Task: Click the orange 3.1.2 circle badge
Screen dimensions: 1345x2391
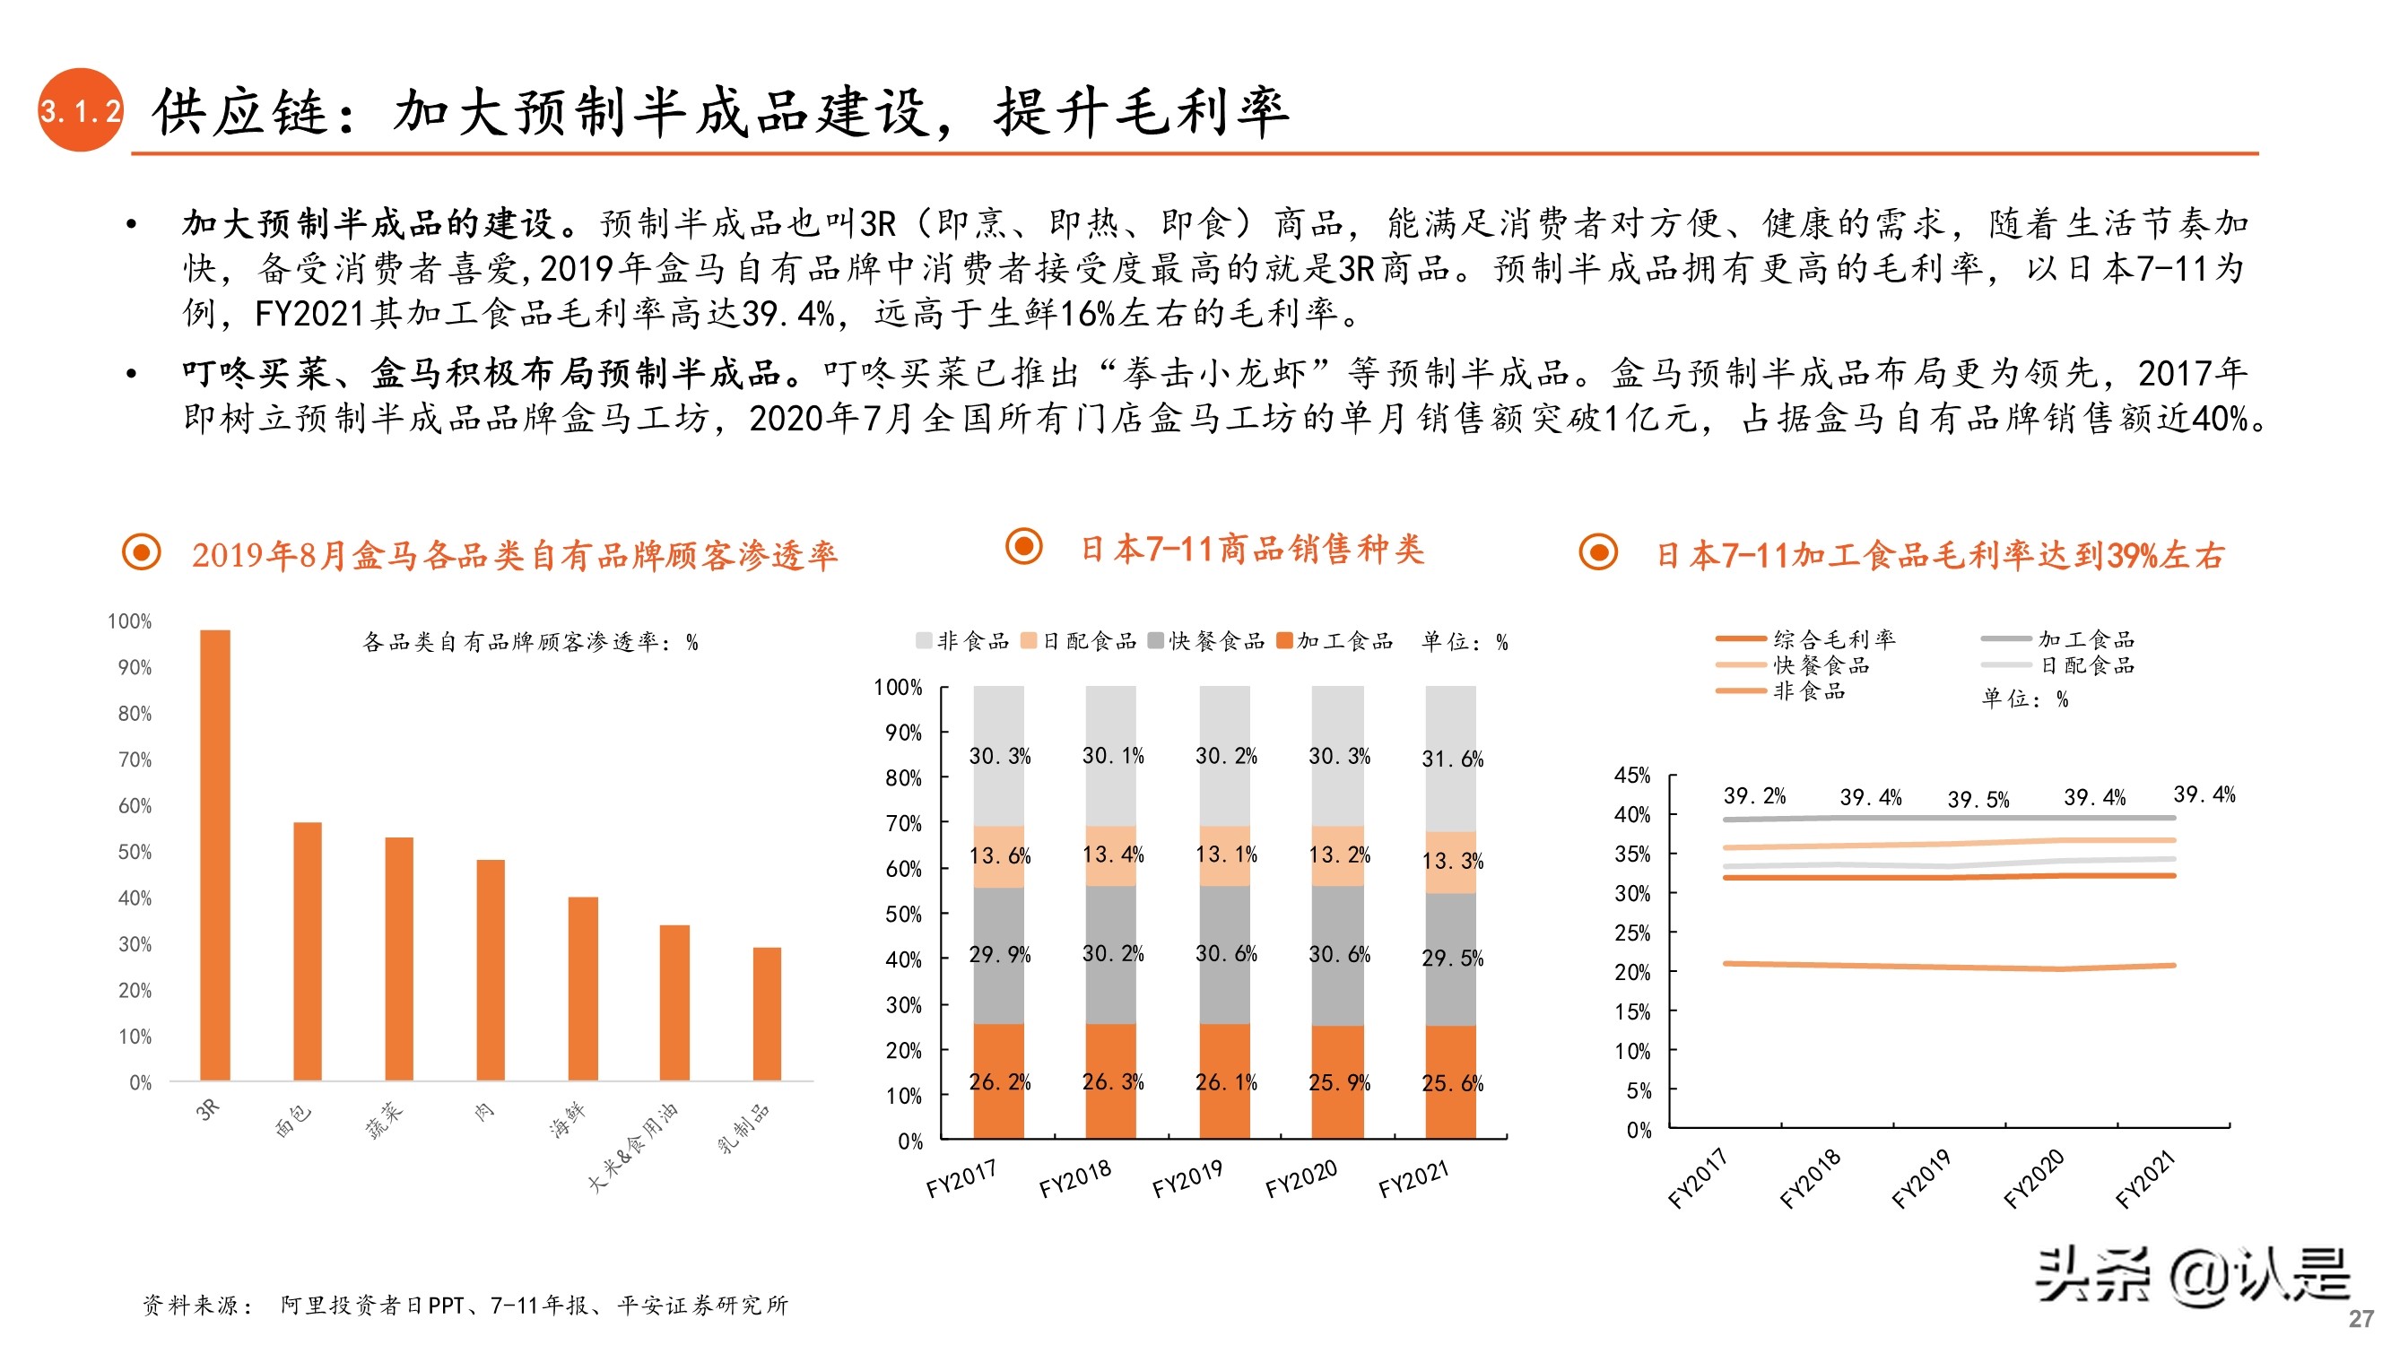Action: pos(80,110)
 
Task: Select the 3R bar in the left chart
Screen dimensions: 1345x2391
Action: pos(214,854)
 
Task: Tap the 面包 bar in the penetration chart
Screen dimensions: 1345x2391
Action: pos(308,950)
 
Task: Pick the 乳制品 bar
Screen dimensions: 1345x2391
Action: pos(767,1012)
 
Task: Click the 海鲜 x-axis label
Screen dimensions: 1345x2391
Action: pos(567,1118)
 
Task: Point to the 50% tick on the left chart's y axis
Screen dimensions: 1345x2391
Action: pos(135,852)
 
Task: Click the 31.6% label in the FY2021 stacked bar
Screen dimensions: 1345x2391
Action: pos(1452,759)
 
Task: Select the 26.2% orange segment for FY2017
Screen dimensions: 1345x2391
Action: pos(999,1081)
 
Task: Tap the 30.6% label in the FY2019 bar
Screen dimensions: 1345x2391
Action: pos(1225,954)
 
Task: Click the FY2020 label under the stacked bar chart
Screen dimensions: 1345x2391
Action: pos(1300,1179)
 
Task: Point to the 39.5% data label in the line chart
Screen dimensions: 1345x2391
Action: pos(1978,799)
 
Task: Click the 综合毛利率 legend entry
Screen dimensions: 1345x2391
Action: pos(1833,638)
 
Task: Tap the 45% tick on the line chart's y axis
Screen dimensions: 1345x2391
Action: pos(1631,775)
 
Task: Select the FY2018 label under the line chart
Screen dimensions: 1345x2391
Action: pos(1809,1179)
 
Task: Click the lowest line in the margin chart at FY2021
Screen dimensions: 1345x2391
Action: pos(2172,966)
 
